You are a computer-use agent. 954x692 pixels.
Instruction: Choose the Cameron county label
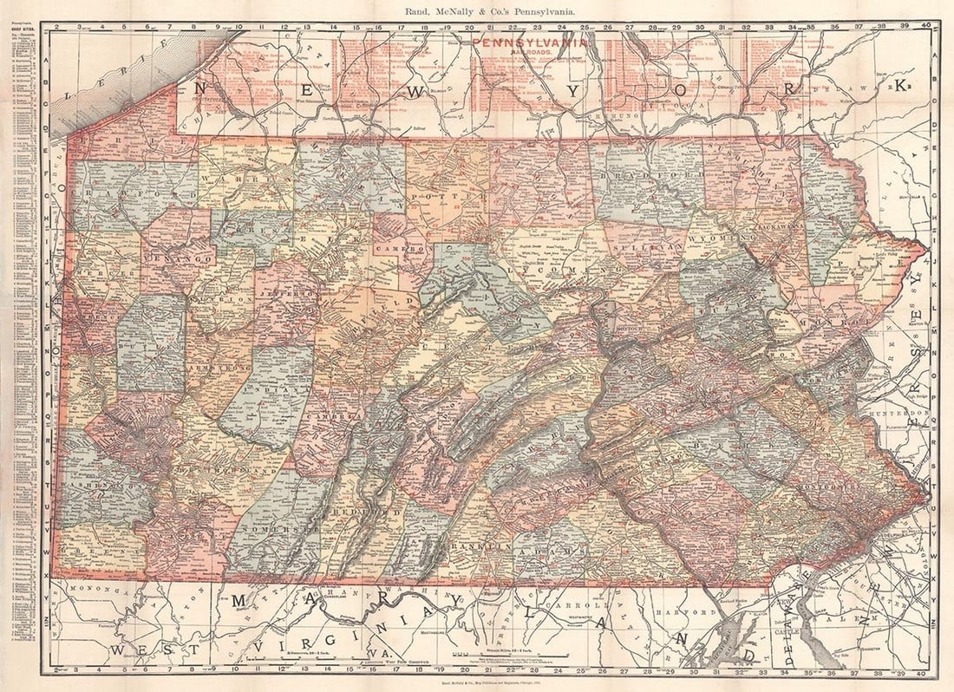[401, 247]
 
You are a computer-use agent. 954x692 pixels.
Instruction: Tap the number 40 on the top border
[927, 27]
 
